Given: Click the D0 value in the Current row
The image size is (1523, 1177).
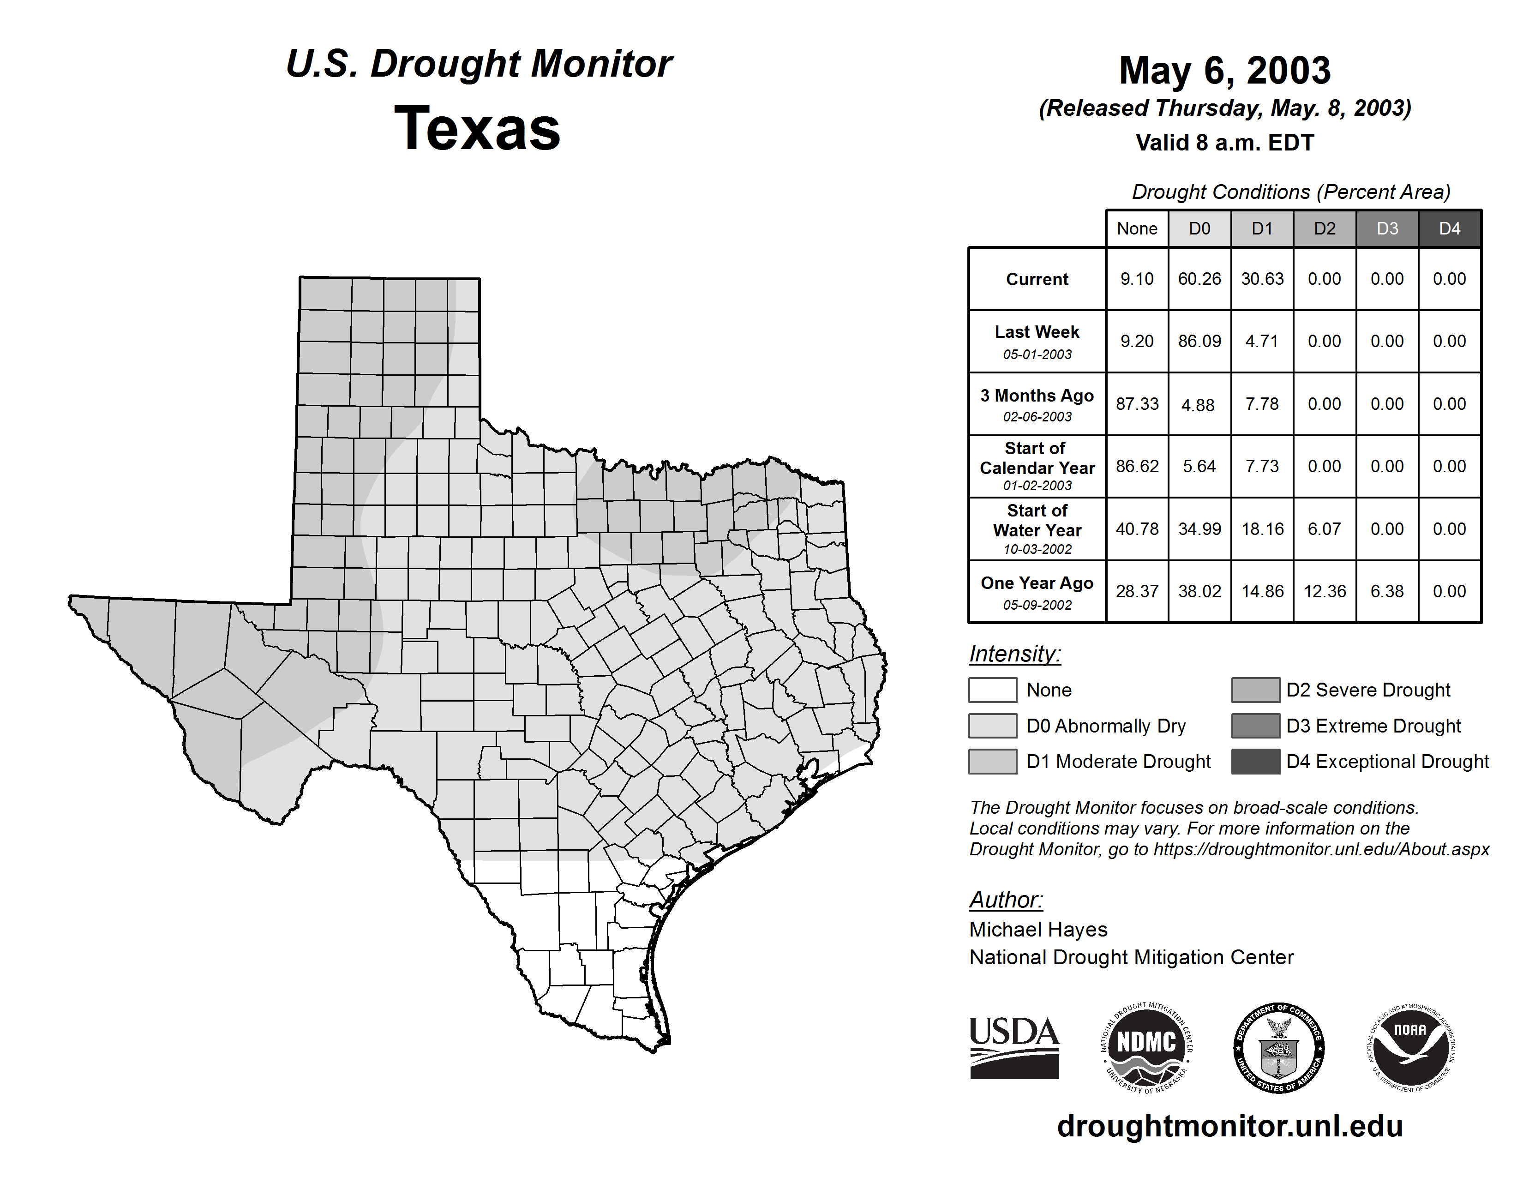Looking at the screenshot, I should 1199,279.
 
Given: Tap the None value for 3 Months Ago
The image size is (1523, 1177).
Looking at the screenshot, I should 1137,404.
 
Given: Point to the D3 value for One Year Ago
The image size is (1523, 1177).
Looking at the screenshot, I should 1387,591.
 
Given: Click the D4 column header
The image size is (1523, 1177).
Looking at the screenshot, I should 1450,228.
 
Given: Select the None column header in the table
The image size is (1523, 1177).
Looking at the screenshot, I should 1137,228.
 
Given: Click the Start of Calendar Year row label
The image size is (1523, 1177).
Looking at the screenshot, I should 1037,466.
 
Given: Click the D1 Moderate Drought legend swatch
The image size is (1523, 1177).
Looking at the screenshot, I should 992,762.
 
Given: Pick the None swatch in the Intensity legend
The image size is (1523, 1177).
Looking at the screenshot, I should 992,690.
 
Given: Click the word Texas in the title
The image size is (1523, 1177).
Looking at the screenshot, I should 477,128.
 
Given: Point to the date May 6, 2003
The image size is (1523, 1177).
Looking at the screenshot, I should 1224,71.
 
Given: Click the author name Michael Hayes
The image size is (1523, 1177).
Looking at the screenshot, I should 1037,930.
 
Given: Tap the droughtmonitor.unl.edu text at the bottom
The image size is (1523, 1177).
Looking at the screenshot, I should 1229,1126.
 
